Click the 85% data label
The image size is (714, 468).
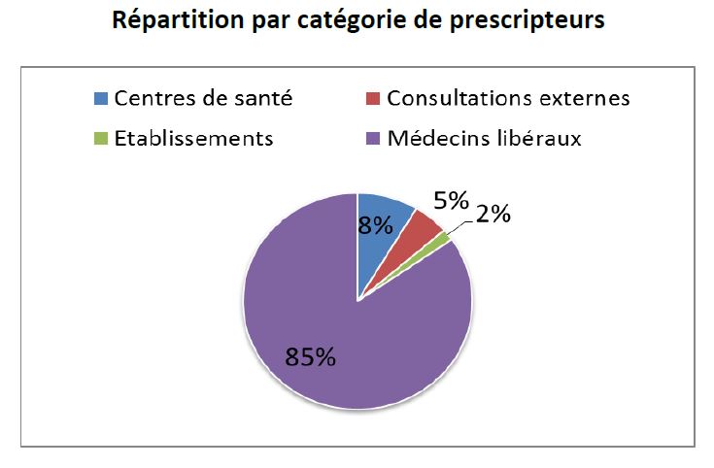pos(310,357)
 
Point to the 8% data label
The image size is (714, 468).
pos(375,226)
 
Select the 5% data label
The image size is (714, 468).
pos(451,202)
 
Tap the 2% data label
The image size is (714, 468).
pos(492,216)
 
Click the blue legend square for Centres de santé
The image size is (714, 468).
pos(102,99)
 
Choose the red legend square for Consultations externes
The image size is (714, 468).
pos(374,99)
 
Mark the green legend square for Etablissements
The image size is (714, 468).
pos(102,139)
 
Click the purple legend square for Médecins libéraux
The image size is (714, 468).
pos(374,139)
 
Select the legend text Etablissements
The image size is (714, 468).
pos(192,139)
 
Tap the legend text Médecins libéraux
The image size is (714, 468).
pos(484,139)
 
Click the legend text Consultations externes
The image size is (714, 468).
pos(508,99)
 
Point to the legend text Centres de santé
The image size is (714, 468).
pos(202,99)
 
